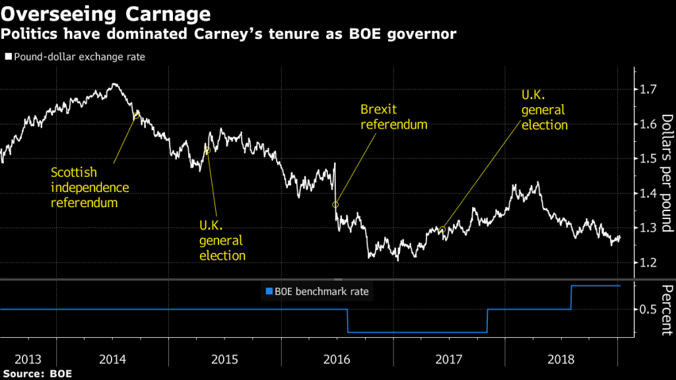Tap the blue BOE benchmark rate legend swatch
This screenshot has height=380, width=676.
268,291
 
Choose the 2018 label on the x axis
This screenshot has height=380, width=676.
561,360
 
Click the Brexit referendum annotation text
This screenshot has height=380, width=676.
393,117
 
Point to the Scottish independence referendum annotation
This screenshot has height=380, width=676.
90,187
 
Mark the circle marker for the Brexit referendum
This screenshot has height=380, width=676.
335,205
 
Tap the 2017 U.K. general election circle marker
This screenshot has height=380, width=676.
442,230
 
